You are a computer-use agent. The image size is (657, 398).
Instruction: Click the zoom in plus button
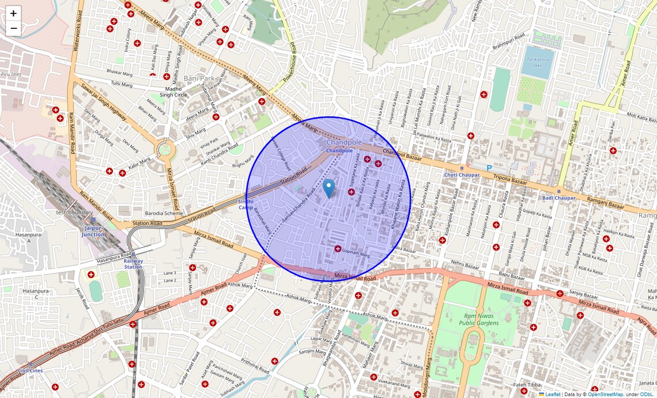coord(13,13)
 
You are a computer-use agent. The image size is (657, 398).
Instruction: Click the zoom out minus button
coord(13,28)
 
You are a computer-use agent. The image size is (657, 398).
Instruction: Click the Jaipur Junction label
coord(93,231)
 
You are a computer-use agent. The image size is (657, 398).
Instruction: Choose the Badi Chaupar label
coord(558,198)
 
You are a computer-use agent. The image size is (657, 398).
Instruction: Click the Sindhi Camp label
coord(246,204)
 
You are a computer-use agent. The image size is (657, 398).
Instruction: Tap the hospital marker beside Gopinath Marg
coord(338,249)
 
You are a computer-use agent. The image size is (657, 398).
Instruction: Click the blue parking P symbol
coord(489,168)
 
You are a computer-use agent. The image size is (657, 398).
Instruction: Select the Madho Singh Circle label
coord(173,92)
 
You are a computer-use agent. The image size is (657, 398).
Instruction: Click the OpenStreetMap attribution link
coord(605,395)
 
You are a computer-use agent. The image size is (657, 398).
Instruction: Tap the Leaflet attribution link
coord(553,395)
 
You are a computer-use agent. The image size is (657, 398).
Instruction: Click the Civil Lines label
coord(30,370)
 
